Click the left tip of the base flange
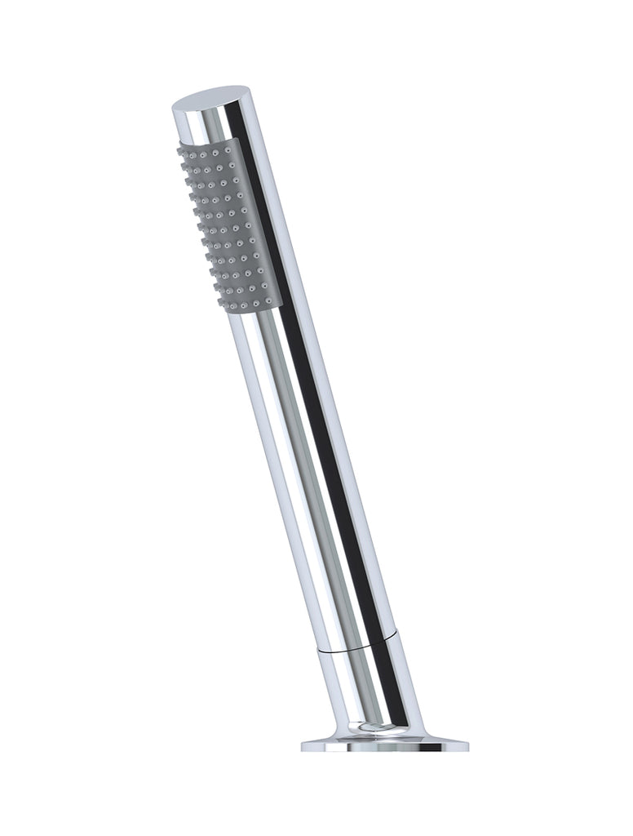pyautogui.click(x=303, y=745)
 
